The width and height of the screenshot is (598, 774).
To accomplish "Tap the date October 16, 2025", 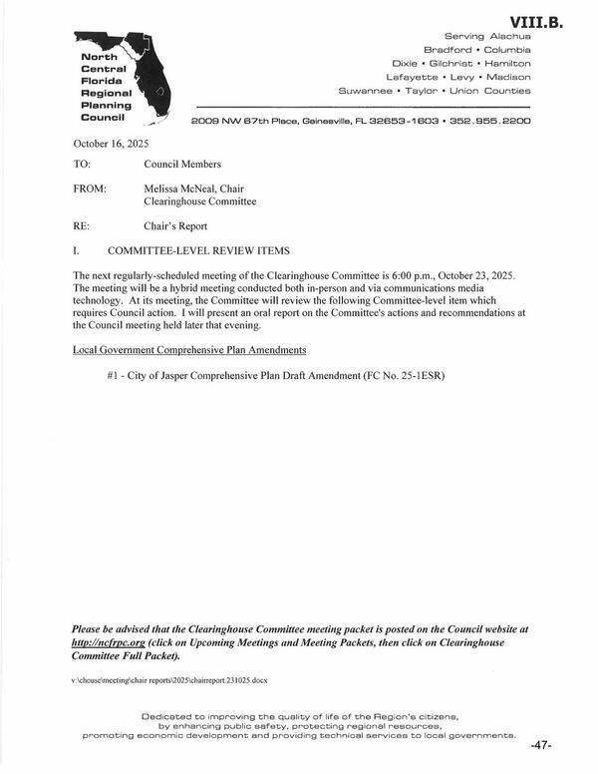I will click(x=111, y=144).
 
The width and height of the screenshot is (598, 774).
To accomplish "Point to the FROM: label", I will click(x=91, y=187).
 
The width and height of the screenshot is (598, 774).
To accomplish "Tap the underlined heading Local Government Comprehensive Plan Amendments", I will click(x=189, y=351).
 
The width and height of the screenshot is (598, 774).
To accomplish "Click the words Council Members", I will click(x=182, y=164).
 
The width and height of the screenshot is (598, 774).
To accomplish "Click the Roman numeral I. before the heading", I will click(x=77, y=249).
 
